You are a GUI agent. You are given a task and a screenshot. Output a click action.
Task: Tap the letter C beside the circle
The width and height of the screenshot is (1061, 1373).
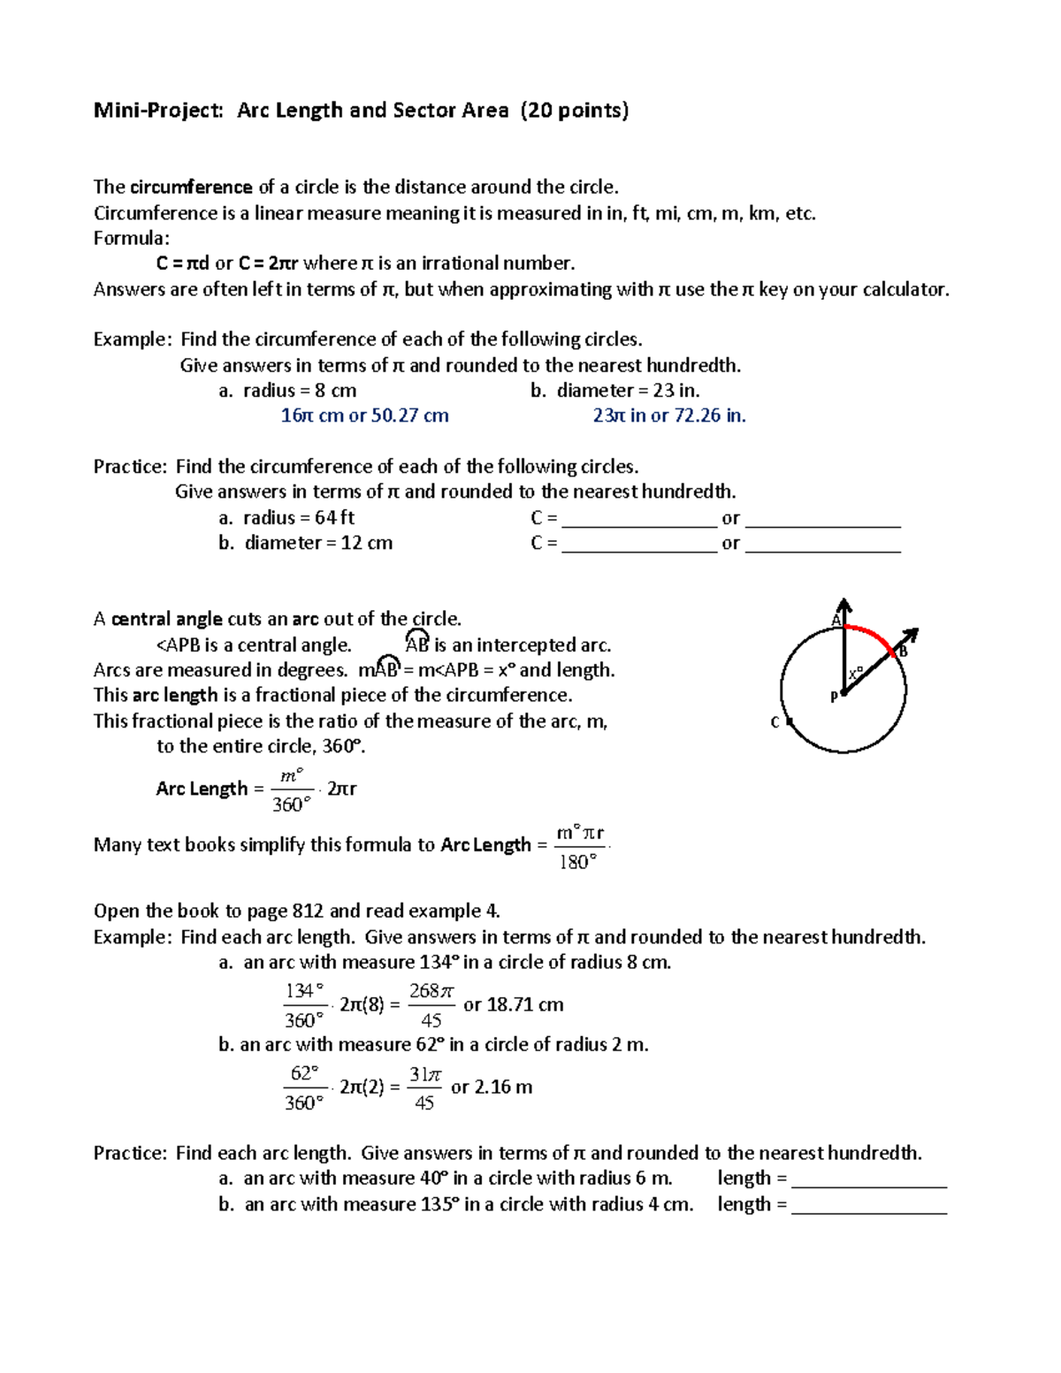coord(775,722)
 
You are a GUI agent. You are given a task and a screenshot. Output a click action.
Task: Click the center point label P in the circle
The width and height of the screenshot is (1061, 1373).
coord(833,698)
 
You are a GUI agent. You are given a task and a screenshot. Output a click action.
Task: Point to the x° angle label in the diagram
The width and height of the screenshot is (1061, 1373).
coord(855,674)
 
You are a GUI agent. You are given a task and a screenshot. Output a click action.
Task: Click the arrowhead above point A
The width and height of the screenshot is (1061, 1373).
coord(844,606)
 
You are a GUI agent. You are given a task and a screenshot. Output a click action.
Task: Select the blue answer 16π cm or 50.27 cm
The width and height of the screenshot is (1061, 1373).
coord(364,416)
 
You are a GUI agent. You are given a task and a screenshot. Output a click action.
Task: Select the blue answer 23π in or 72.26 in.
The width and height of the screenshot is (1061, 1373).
coord(669,416)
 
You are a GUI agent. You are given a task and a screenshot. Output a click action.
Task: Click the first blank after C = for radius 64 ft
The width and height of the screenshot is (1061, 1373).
coord(638,520)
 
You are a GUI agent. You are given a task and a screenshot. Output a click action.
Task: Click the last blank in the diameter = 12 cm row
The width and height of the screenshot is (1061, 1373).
coord(822,545)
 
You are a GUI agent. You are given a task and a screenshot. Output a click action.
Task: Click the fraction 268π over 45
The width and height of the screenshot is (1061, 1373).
coord(431,1005)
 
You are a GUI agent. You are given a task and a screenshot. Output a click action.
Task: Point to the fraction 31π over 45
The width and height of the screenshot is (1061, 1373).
coord(424,1087)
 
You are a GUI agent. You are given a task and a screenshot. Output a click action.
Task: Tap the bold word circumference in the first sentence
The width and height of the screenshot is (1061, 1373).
coord(191,187)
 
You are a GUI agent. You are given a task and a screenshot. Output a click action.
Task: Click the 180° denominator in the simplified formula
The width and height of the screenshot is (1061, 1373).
coord(578,862)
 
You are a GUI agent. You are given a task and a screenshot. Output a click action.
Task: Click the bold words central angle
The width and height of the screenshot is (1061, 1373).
coord(167,619)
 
